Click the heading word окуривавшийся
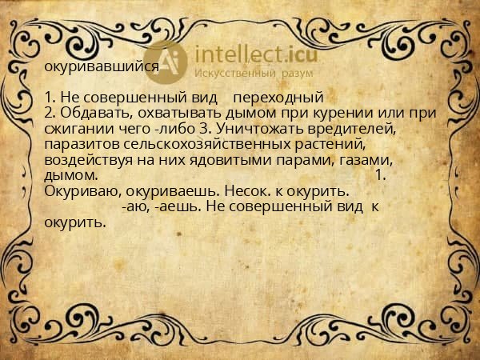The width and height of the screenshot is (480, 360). [101, 68]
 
